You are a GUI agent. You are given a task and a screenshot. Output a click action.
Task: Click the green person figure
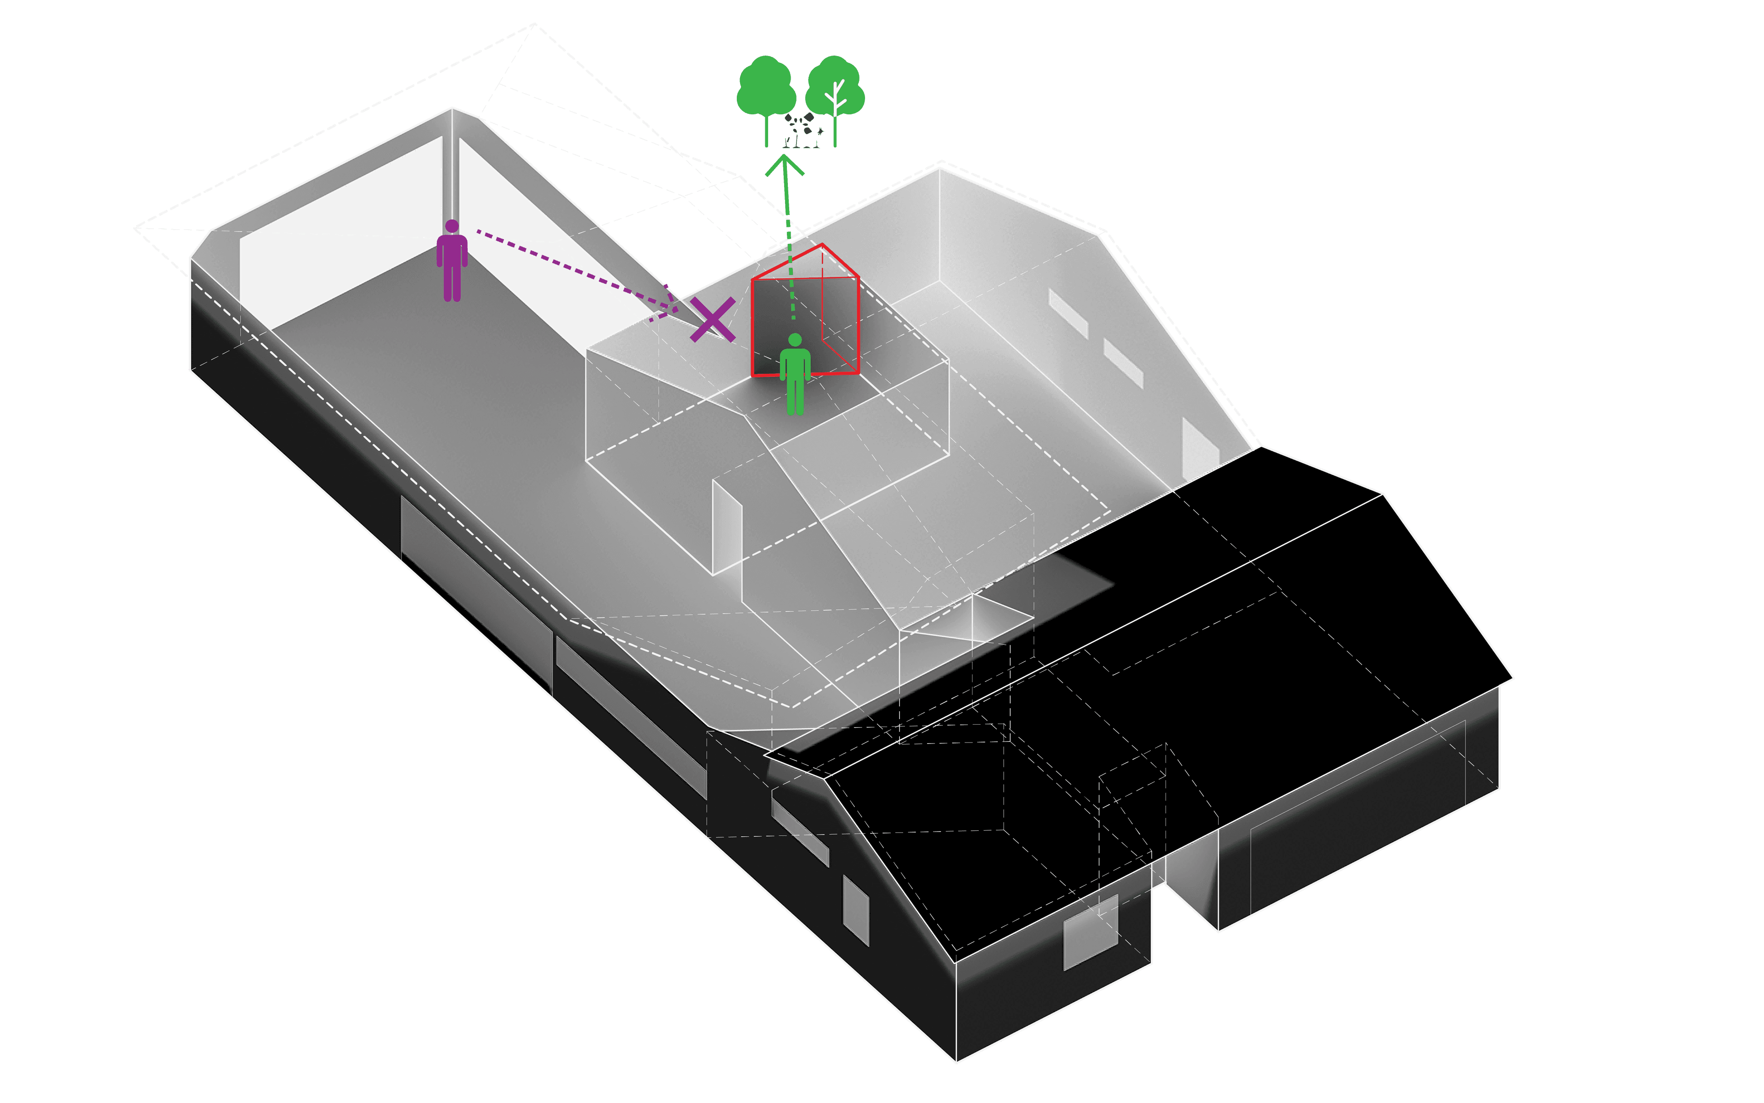coord(795,376)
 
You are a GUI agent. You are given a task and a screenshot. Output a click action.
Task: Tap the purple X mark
coord(712,320)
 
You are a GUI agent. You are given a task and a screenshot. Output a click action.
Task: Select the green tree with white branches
coord(836,95)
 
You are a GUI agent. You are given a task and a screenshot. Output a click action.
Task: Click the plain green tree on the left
coord(766,91)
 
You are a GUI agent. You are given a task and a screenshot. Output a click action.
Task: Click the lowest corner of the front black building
coord(956,1061)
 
